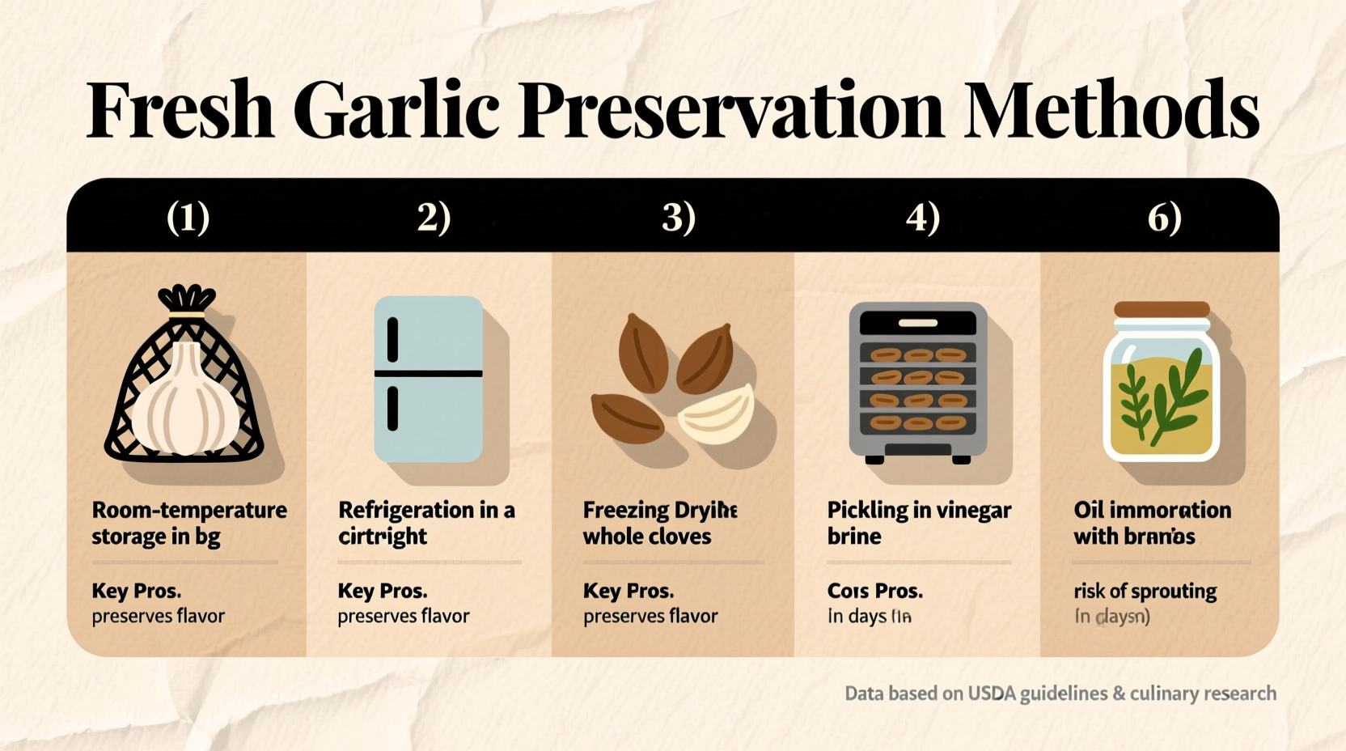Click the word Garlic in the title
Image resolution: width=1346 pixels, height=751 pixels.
click(x=396, y=110)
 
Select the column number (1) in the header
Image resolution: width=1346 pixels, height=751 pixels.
click(x=188, y=217)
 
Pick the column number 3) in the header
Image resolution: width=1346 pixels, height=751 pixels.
click(x=678, y=217)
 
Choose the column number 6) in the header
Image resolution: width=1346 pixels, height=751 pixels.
click(x=1164, y=217)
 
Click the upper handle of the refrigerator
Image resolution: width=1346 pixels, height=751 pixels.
click(x=393, y=339)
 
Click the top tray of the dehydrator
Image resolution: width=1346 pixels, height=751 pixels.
click(x=918, y=355)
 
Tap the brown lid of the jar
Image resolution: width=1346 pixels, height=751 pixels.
click(x=1162, y=310)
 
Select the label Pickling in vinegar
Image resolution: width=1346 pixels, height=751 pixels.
click(x=919, y=510)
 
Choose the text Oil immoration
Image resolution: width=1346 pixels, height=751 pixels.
click(x=1152, y=510)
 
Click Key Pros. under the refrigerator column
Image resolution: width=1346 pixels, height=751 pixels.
click(x=382, y=591)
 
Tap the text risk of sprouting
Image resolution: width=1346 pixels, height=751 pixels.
click(x=1145, y=592)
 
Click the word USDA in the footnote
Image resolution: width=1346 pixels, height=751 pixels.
click(x=992, y=694)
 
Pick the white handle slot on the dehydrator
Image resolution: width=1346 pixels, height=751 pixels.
click(x=918, y=323)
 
